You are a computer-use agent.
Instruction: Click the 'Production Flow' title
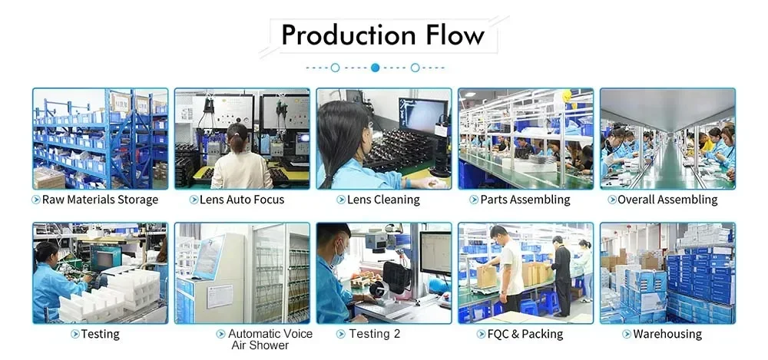[382, 35]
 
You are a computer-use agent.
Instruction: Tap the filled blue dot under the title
[375, 68]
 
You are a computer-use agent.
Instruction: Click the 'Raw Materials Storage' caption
[100, 200]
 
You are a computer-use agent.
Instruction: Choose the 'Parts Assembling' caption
[525, 200]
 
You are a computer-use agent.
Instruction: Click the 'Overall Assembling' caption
[667, 200]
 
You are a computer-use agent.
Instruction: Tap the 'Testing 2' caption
[374, 334]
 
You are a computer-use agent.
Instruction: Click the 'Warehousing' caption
[667, 334]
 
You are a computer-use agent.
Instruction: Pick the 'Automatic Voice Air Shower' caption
[270, 339]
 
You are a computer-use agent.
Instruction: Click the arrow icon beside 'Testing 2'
[340, 334]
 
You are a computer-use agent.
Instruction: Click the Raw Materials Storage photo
[100, 138]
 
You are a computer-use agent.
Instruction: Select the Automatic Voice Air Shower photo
[242, 272]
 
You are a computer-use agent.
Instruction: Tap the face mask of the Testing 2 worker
[338, 259]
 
